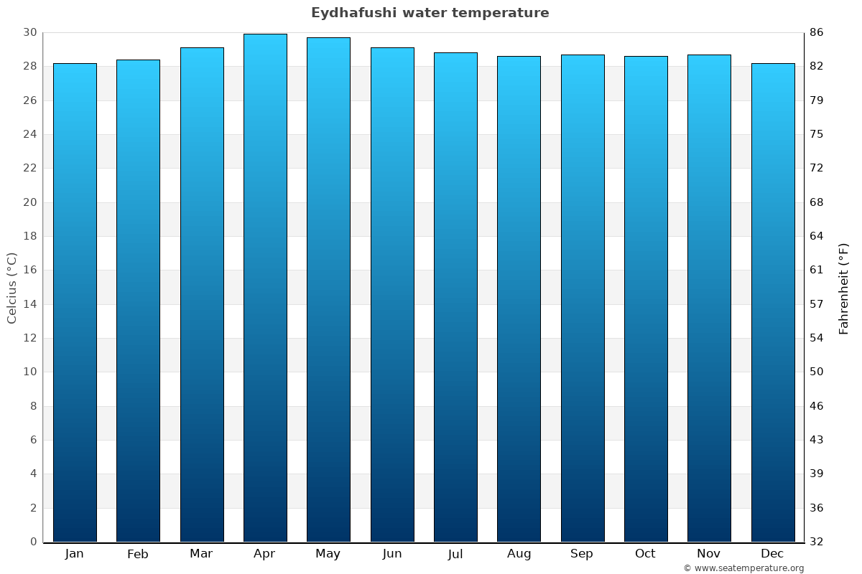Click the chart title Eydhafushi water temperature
point(430,13)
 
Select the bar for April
point(265,287)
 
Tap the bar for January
point(75,301)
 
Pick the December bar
point(773,301)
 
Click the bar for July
point(455,297)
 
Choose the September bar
point(583,298)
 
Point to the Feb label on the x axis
point(138,554)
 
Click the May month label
point(328,554)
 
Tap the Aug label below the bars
point(519,554)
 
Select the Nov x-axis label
point(709,554)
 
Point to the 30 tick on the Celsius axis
point(29,32)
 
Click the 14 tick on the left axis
point(29,304)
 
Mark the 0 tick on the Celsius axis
point(33,542)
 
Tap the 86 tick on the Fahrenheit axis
point(817,32)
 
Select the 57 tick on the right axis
point(817,304)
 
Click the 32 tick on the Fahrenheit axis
point(817,542)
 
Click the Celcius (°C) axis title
point(11,288)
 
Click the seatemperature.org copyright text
point(743,568)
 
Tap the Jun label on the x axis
point(392,554)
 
